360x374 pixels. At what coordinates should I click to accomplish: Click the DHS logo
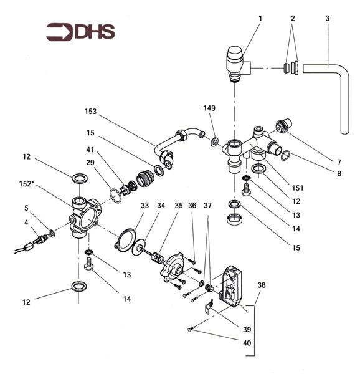pos(80,32)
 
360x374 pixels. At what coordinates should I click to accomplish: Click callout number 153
pos(91,112)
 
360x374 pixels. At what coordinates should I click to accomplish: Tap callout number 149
pos(209,108)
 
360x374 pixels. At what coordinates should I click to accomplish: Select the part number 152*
pos(26,184)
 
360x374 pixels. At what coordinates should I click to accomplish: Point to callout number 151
pos(298,188)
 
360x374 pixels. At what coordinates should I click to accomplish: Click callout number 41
pos(90,150)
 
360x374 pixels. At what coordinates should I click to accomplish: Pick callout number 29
pos(90,163)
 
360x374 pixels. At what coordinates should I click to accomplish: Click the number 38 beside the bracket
pos(262,285)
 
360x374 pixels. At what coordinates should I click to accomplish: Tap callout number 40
pos(247,343)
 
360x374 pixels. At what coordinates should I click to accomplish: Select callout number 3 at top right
pos(328,18)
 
